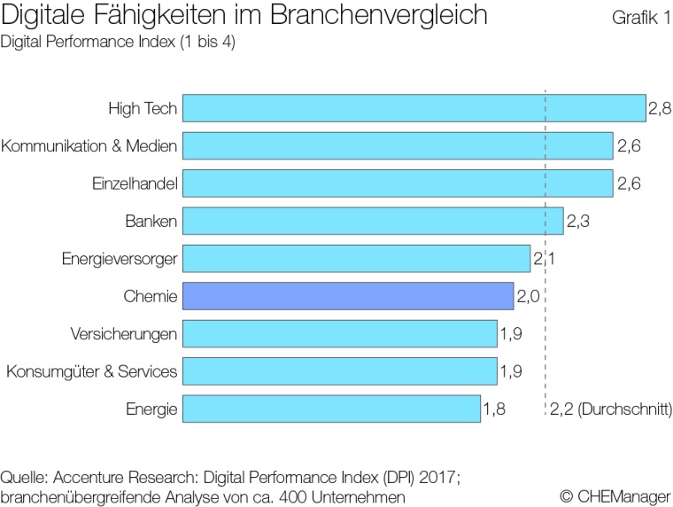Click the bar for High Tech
point(414,109)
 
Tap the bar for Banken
point(373,222)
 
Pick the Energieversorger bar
point(356,259)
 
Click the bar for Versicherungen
point(340,334)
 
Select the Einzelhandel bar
point(398,184)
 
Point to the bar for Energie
point(331,409)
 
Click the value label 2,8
point(660,109)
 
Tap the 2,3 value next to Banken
point(578,222)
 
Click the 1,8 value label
point(495,409)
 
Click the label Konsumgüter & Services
point(92,371)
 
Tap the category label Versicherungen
point(124,334)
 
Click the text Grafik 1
point(639,17)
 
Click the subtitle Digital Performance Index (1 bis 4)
point(119,42)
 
